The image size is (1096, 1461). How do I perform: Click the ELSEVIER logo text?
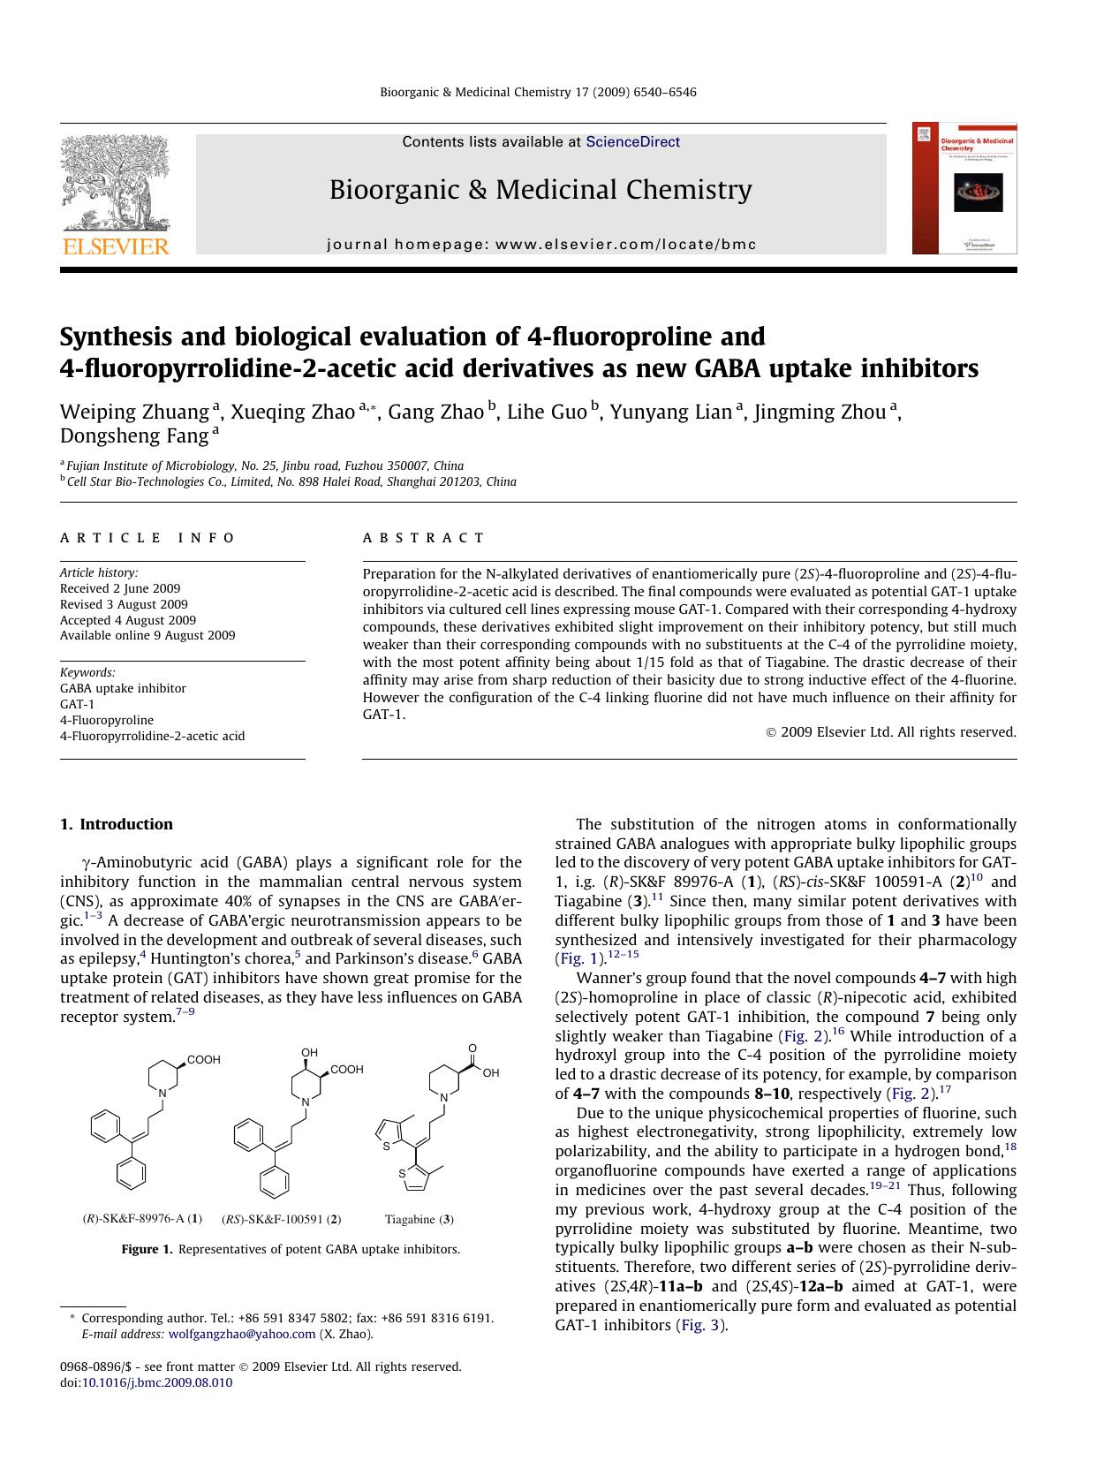(x=114, y=246)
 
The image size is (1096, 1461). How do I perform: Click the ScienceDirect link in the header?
(x=632, y=141)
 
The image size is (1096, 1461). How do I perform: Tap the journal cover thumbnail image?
(x=964, y=188)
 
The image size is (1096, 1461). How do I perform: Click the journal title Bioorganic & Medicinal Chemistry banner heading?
(x=540, y=190)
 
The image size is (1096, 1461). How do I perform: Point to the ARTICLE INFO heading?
(x=147, y=538)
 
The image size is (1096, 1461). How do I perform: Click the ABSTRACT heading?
(x=424, y=538)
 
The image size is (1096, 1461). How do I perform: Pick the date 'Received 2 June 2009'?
(x=120, y=588)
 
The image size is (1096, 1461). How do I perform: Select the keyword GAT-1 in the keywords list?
(x=77, y=704)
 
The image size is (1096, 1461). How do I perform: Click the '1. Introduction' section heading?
(x=116, y=824)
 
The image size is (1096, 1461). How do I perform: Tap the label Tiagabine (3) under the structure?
(x=419, y=1219)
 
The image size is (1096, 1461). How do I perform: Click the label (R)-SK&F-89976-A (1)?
(x=142, y=1219)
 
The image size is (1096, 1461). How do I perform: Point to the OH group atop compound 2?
(x=309, y=1052)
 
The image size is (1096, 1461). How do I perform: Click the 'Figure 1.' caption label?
(x=147, y=1249)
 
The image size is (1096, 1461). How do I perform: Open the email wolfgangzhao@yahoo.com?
(x=241, y=1334)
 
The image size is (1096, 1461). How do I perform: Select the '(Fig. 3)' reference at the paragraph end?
(x=702, y=1325)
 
